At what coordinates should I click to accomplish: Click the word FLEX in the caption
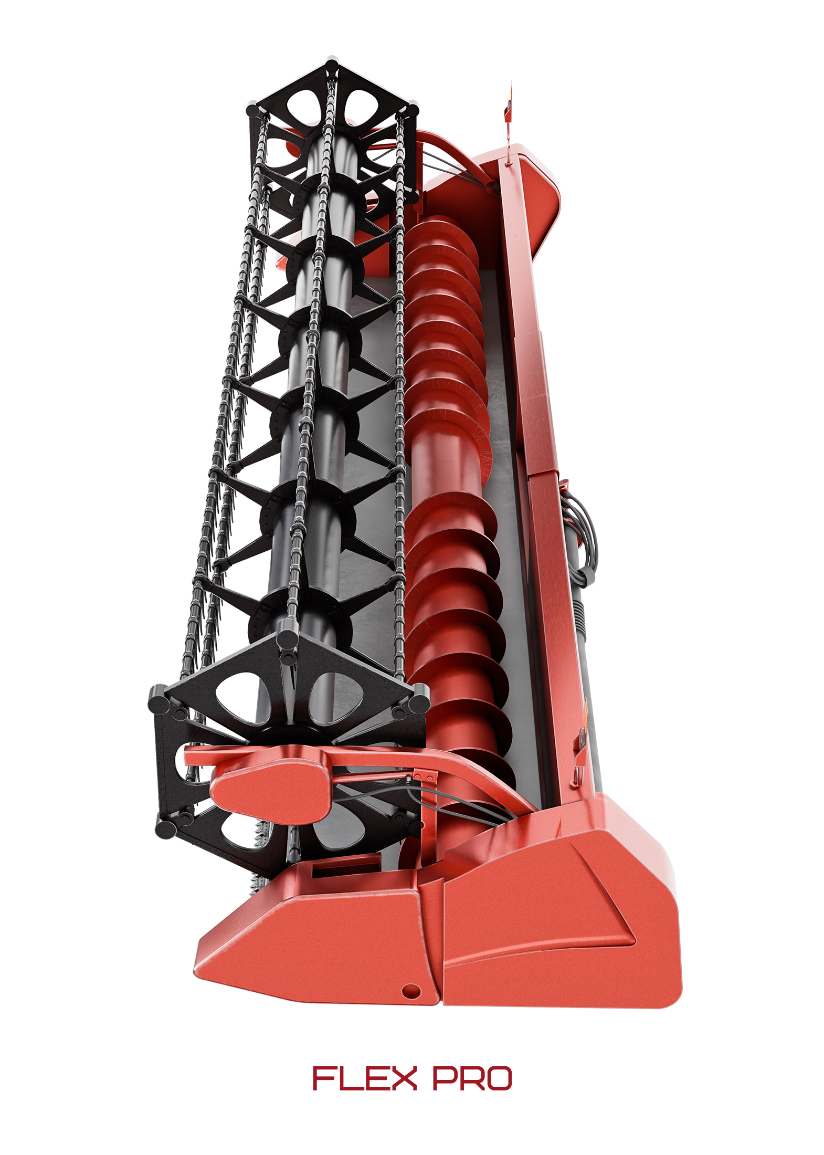point(364,1078)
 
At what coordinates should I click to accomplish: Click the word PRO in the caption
point(472,1078)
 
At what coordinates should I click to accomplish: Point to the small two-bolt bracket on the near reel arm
point(423,776)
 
